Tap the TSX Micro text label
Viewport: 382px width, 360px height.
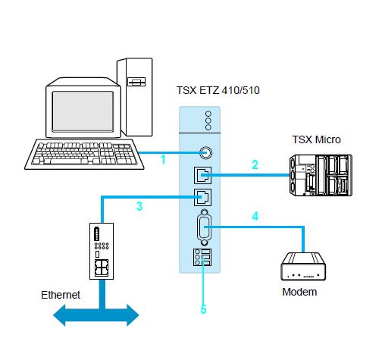coord(316,139)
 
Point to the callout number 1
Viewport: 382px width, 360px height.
coord(162,160)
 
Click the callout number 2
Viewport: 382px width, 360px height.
coord(255,164)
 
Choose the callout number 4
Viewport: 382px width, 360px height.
coord(255,216)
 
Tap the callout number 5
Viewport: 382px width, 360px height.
coord(203,309)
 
